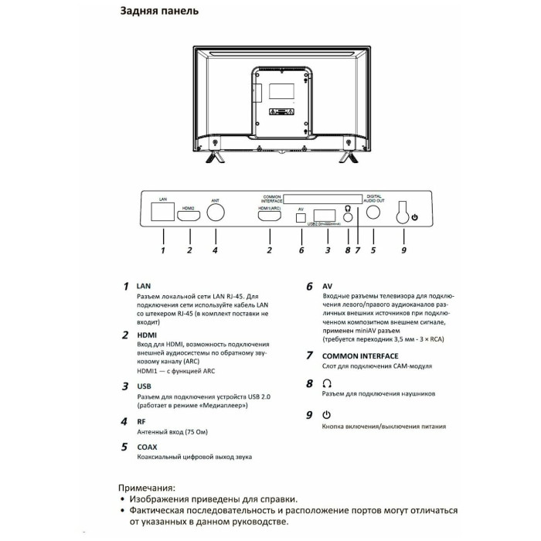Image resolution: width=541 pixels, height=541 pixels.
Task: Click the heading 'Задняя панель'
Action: [159, 12]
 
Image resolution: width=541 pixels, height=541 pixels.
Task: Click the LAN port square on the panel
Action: [163, 214]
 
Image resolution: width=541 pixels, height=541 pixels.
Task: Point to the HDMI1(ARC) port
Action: [270, 216]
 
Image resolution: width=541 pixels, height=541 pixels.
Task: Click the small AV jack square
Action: [301, 216]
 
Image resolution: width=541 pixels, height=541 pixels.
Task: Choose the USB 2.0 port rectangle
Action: [326, 215]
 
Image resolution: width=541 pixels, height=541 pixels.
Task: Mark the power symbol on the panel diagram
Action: [415, 218]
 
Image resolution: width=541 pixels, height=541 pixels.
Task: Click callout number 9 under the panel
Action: [402, 250]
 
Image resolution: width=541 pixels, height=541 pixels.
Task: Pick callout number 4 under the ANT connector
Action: [215, 250]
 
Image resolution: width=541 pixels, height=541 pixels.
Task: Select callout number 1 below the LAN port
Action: [163, 250]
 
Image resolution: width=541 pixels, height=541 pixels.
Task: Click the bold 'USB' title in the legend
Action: [144, 385]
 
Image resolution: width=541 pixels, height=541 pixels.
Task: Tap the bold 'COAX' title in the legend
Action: [147, 446]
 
